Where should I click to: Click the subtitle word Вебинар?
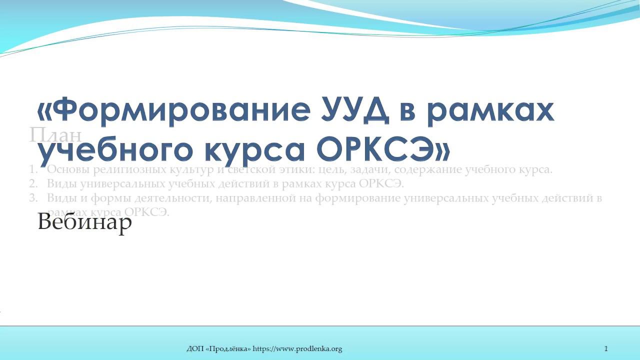(x=84, y=221)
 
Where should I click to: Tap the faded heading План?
(x=55, y=135)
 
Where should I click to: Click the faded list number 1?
(x=32, y=169)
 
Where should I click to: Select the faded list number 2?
(x=33, y=183)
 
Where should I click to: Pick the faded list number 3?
(x=33, y=198)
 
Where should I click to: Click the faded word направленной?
(x=253, y=198)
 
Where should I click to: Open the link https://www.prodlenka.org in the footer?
(x=297, y=349)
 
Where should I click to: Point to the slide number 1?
(x=606, y=349)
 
